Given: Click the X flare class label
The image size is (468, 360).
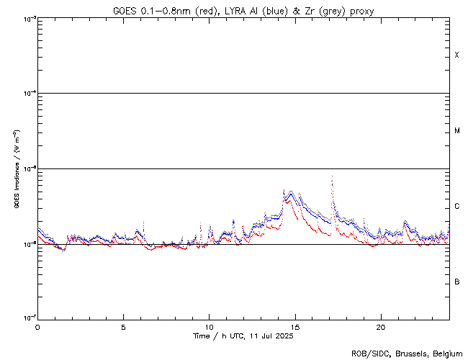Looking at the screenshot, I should pyautogui.click(x=457, y=55).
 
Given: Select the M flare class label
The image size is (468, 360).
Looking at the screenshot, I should pyautogui.click(x=457, y=131).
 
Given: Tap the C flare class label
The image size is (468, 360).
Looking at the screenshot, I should pyautogui.click(x=457, y=207).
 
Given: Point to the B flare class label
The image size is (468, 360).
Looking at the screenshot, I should pyautogui.click(x=457, y=282).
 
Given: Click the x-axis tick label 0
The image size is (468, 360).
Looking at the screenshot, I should pyautogui.click(x=37, y=327).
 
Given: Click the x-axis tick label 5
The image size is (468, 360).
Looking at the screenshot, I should pyautogui.click(x=123, y=327).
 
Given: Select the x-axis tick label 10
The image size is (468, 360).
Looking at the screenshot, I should pyautogui.click(x=209, y=327).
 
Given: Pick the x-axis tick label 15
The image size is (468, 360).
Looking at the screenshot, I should pyautogui.click(x=294, y=327).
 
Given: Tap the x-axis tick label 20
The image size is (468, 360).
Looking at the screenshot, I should pyautogui.click(x=380, y=327).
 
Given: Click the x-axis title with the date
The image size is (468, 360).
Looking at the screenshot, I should pyautogui.click(x=243, y=336).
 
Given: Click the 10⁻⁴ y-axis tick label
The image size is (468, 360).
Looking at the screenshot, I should pyautogui.click(x=29, y=94).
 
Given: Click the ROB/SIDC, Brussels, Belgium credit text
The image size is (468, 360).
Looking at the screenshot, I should pyautogui.click(x=406, y=353).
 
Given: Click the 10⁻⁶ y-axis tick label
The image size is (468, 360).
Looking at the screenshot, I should pyautogui.click(x=29, y=244).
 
